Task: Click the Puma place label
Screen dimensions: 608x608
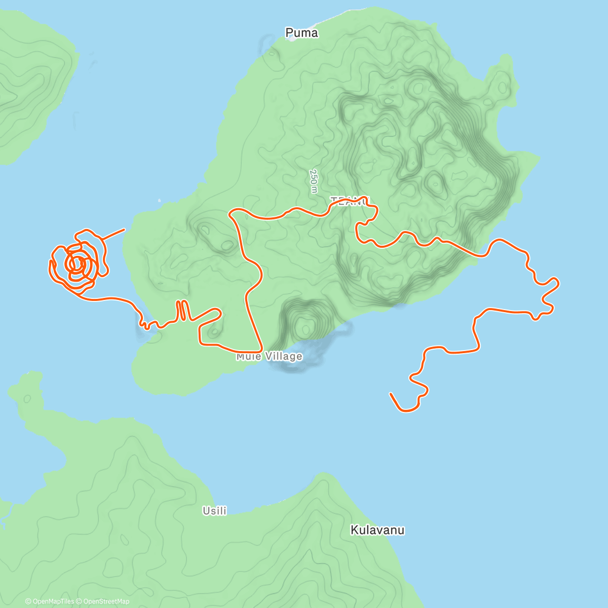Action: [301, 33]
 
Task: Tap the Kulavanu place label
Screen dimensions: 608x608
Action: [377, 530]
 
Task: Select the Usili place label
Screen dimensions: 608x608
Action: [214, 511]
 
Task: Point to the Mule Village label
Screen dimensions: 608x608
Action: [269, 357]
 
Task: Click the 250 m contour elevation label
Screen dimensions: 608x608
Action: [314, 181]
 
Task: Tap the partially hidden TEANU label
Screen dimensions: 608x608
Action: [350, 202]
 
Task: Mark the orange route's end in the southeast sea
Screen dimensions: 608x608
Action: [391, 394]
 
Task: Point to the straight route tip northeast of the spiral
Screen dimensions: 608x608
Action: [124, 230]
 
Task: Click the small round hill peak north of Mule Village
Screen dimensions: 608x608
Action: [306, 329]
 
